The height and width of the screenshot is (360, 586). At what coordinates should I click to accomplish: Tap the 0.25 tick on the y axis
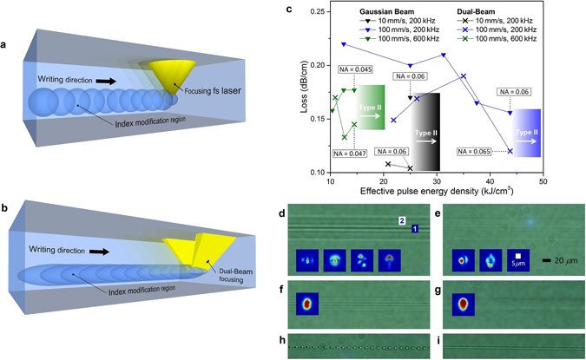pos(318,12)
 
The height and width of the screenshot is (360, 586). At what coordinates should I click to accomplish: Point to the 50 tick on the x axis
pos(543,183)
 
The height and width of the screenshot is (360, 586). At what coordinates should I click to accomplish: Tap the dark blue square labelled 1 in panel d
pos(414,228)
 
